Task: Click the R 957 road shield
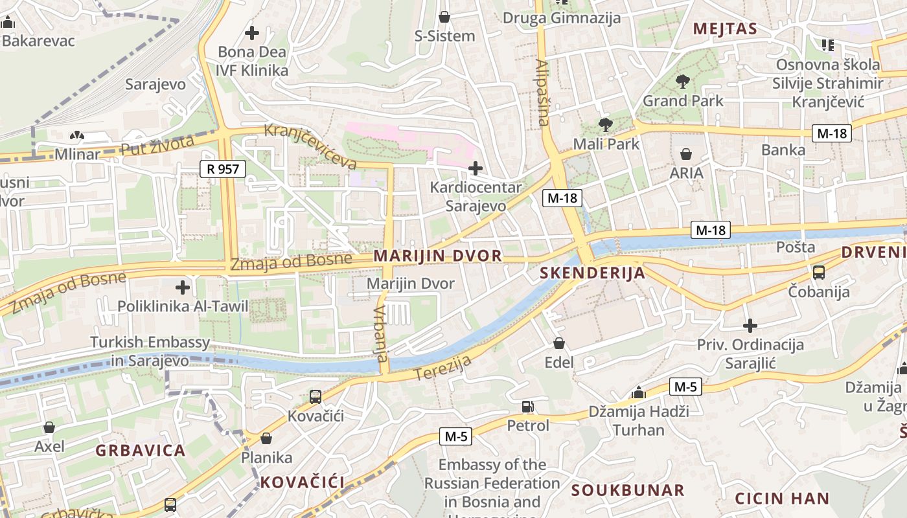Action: coord(223,170)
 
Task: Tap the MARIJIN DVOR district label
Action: coord(438,256)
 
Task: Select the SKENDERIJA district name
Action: coord(593,273)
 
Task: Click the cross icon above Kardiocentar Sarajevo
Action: coord(476,169)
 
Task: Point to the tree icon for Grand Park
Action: coord(682,82)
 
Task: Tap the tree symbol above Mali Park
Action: coord(606,124)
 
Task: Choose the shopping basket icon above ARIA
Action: coord(686,154)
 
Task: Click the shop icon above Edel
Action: coord(559,343)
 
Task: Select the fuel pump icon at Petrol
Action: coord(528,407)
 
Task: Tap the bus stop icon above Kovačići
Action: coord(316,396)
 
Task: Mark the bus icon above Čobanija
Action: coord(819,273)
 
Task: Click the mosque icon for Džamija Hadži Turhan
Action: coord(639,392)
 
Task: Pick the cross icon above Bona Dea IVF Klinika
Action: coord(252,32)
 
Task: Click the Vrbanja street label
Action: coord(380,334)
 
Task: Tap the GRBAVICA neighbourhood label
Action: coord(141,450)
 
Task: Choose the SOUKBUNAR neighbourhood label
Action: coord(627,490)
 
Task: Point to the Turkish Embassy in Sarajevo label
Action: coord(150,352)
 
